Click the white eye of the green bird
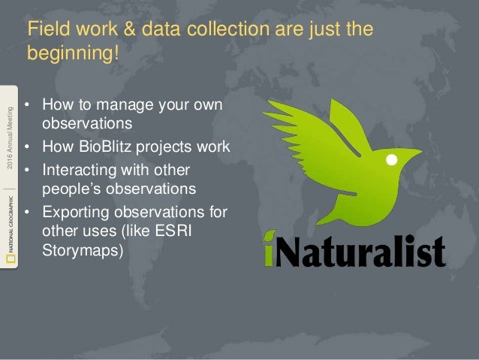tap(391, 161)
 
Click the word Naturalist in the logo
tap(361, 250)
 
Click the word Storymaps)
tap(83, 250)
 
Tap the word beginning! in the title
tap(74, 54)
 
